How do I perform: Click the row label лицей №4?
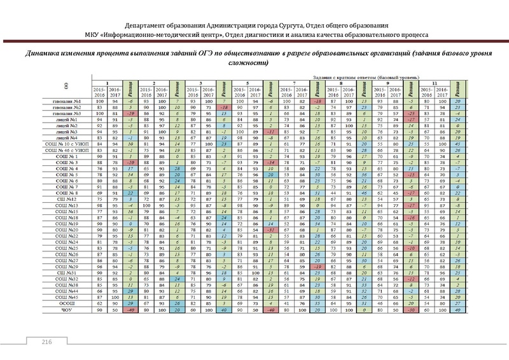[x=66, y=137]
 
